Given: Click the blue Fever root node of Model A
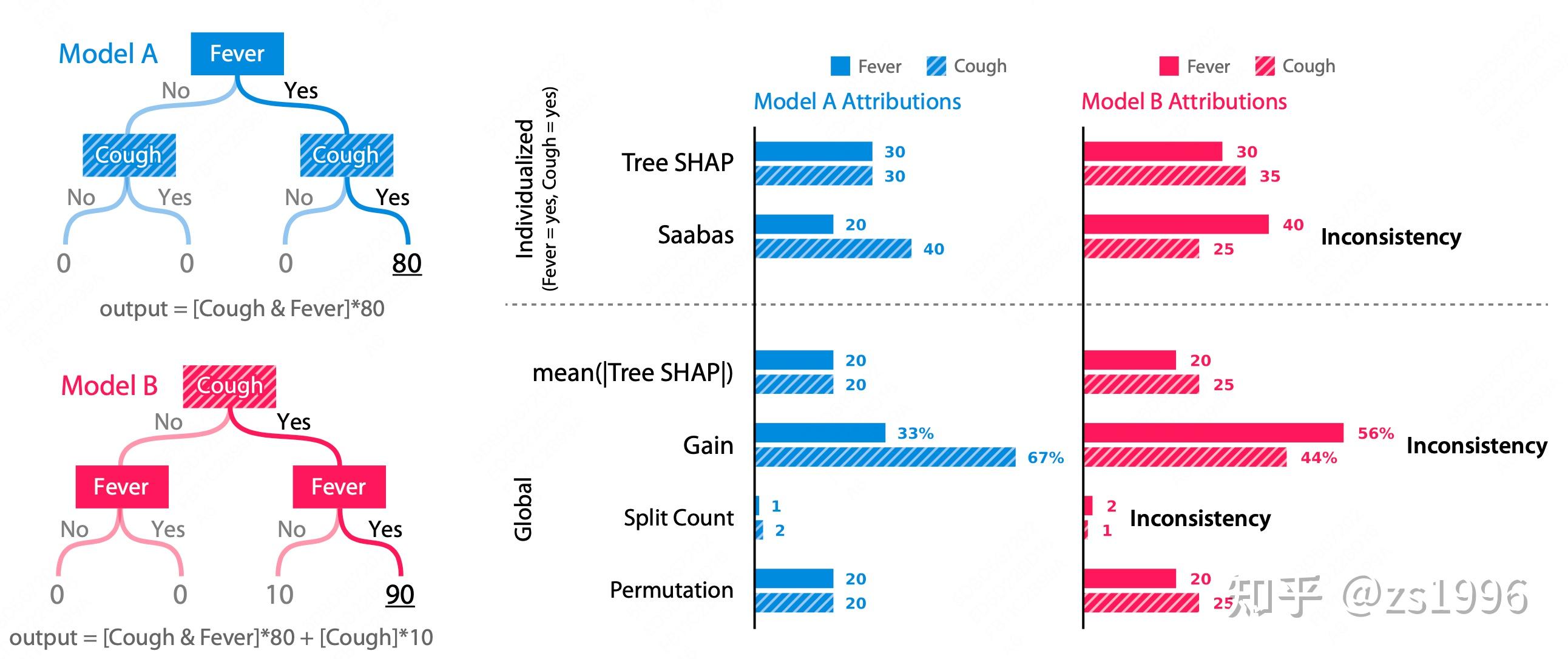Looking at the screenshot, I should pyautogui.click(x=237, y=53).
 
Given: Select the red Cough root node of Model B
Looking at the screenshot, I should pyautogui.click(x=229, y=386).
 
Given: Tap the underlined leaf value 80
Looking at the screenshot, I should pyautogui.click(x=407, y=263).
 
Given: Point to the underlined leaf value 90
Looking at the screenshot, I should pyautogui.click(x=400, y=595).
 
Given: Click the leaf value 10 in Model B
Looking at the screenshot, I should pyautogui.click(x=279, y=595).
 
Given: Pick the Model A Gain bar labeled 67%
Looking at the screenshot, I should pyautogui.click(x=885, y=457).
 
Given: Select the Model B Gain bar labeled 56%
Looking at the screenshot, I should pyautogui.click(x=1213, y=433).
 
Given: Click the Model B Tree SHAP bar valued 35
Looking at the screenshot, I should pyautogui.click(x=1164, y=176).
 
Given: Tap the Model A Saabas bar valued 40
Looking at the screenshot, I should pyautogui.click(x=833, y=248).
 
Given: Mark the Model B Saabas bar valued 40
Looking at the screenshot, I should pyautogui.click(x=1176, y=224).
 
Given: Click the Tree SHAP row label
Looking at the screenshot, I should pyautogui.click(x=677, y=163).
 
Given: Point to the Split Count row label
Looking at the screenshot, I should pyautogui.click(x=678, y=518).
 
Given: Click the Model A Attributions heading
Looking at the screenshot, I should pyautogui.click(x=857, y=101).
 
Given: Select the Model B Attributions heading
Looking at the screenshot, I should pyautogui.click(x=1184, y=101).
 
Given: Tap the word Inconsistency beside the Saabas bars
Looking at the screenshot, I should pyautogui.click(x=1390, y=237).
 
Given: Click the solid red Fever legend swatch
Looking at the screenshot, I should pyautogui.click(x=1169, y=66).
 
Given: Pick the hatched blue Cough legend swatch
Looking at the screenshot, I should pyautogui.click(x=936, y=66).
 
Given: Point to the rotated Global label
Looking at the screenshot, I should pyautogui.click(x=524, y=509).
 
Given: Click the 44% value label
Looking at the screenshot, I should pyautogui.click(x=1319, y=458).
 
